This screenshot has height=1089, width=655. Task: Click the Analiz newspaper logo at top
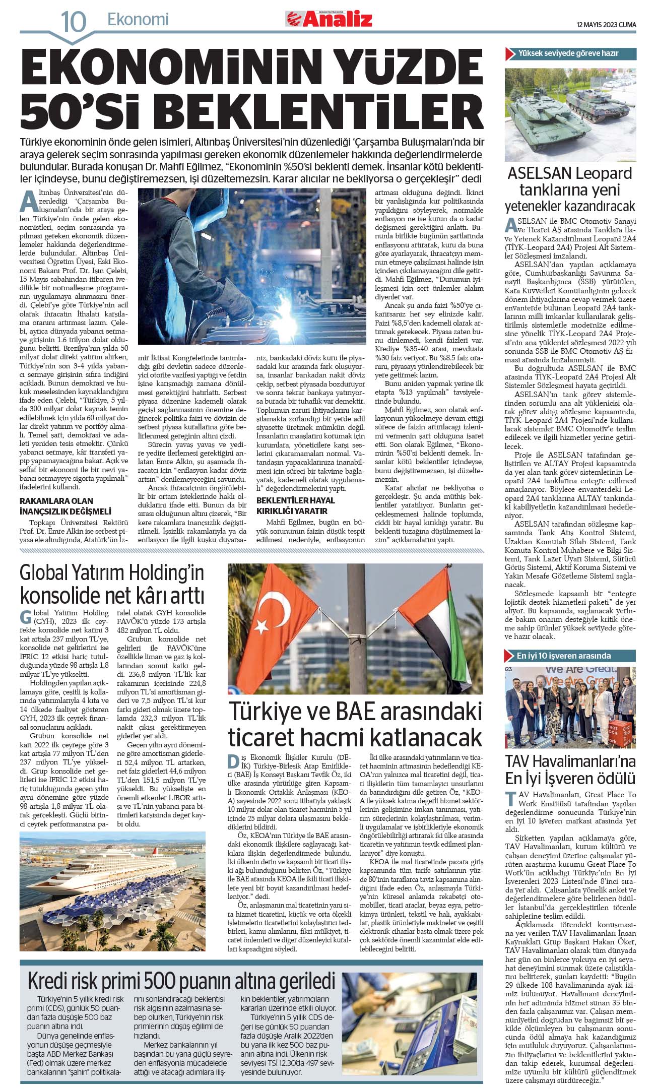coord(330,19)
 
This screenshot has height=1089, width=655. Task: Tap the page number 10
coord(73,22)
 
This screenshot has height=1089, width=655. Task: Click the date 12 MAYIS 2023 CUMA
coord(606,25)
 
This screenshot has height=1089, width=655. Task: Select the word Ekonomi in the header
coord(138,20)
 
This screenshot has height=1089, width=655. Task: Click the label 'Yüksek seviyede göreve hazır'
coord(568,53)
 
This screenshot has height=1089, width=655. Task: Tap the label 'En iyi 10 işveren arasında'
coord(563,656)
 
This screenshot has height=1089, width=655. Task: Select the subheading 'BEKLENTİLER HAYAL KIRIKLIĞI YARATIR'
coord(296,504)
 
